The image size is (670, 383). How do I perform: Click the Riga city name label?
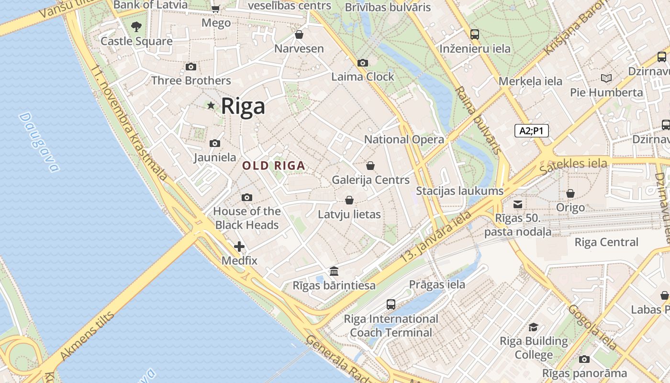pos(243,106)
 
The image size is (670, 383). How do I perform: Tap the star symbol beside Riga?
pos(211,105)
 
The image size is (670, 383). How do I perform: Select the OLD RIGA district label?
pos(274,166)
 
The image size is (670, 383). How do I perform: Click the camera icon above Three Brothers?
pos(191,67)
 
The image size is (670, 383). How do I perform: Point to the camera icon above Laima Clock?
pos(363,63)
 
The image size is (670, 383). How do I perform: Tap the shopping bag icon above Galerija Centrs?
pos(370,166)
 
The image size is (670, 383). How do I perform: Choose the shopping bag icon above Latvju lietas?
pos(349,200)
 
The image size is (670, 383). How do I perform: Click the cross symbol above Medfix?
pos(239,247)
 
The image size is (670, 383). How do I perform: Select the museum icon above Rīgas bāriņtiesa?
pos(334,271)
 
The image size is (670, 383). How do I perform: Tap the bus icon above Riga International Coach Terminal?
pos(391,304)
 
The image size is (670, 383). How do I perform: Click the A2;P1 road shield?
pos(531,131)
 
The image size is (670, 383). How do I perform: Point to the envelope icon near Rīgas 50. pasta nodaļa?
pos(518,204)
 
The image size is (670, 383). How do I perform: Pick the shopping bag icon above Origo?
pos(570,193)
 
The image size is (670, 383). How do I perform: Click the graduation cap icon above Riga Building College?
pos(533,327)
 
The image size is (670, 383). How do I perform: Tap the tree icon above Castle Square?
pos(136,26)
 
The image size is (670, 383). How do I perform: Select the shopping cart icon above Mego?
pos(216,9)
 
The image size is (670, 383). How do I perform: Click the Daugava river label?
pos(40,142)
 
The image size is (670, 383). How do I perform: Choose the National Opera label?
pos(404,140)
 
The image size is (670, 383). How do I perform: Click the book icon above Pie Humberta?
pos(606,78)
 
